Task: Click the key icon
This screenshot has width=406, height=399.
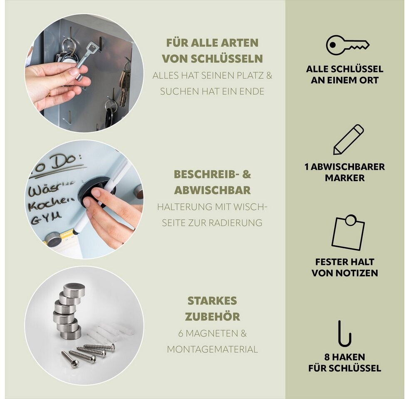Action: point(347,45)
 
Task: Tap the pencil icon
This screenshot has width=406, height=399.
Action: point(348,140)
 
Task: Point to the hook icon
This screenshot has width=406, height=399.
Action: point(344,334)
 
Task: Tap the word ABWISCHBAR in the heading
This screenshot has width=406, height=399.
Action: point(212,190)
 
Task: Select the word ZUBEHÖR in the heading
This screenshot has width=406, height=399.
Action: point(212,316)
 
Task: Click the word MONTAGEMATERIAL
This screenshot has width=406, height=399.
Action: point(212,349)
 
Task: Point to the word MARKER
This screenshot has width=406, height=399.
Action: point(344,178)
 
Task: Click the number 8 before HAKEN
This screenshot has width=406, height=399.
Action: point(327,357)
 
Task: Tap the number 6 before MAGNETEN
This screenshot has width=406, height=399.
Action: point(181,333)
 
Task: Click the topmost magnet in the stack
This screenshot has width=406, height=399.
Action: point(74,290)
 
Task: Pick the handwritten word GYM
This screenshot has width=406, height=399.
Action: point(46,217)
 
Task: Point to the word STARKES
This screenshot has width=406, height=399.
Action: point(212,300)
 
